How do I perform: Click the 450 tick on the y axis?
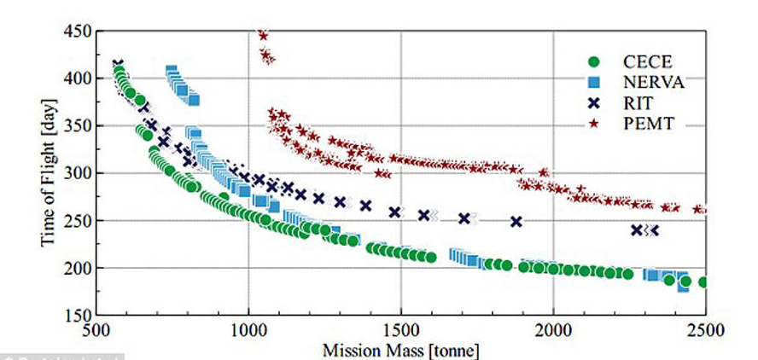tap(79, 31)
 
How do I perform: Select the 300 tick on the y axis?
tap(79, 173)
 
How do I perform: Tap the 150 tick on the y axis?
tap(79, 315)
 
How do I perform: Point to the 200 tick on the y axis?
tap(79, 268)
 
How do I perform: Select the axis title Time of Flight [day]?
tap(49, 172)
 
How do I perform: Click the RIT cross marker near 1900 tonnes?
tap(516, 222)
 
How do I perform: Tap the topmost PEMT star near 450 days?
tap(263, 35)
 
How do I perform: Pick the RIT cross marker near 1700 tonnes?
tap(464, 218)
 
